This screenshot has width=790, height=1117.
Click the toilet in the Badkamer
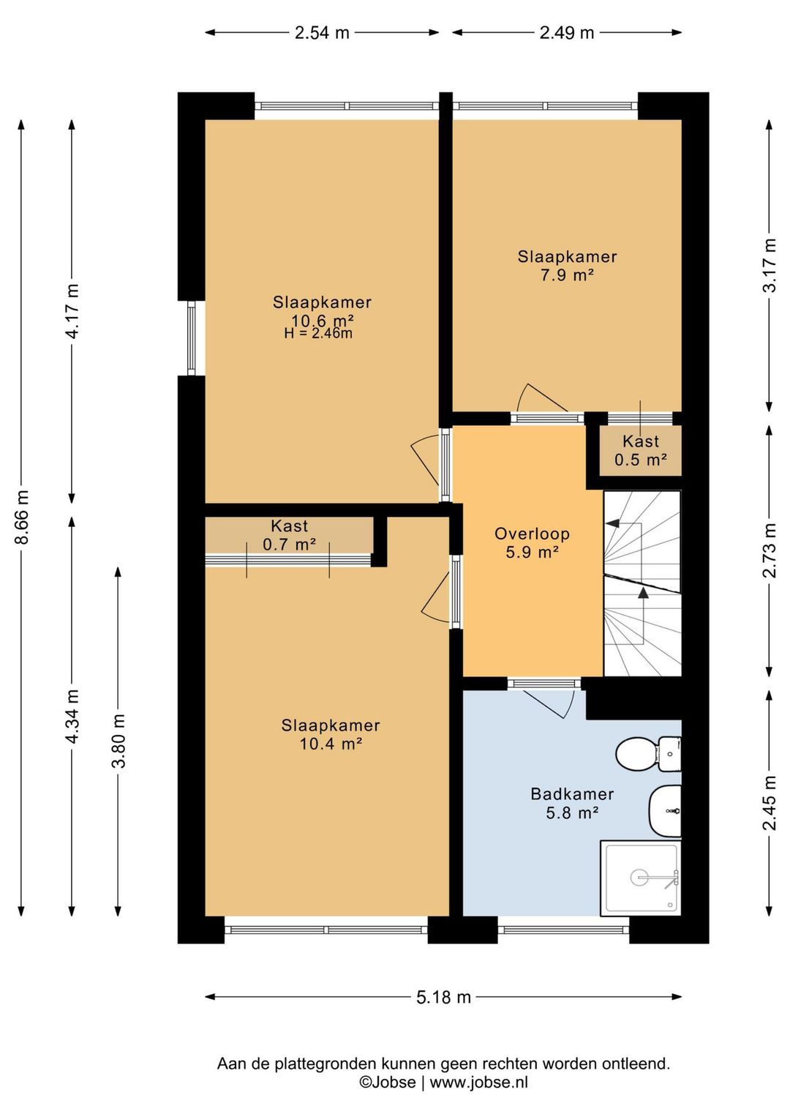(x=648, y=753)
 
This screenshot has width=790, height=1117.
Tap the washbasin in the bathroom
(x=665, y=811)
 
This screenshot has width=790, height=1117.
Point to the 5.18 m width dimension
(x=443, y=997)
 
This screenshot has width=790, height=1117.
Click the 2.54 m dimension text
(x=322, y=33)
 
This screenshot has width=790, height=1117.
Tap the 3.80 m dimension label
(x=118, y=741)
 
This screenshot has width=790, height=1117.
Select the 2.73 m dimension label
(x=770, y=550)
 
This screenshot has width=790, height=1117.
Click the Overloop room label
(x=532, y=534)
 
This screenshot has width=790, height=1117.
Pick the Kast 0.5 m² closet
(x=641, y=450)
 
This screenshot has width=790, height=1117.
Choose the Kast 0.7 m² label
(x=290, y=535)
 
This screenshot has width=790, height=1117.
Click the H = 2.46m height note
(x=318, y=333)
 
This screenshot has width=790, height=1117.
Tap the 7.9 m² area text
(x=567, y=274)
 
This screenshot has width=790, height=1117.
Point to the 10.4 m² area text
(x=331, y=744)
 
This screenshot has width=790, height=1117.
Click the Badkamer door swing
(x=551, y=703)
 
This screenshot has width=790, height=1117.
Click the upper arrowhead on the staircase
(x=612, y=523)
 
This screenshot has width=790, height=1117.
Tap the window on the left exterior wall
(x=192, y=338)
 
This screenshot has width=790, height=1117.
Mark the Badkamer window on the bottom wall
(x=564, y=930)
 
